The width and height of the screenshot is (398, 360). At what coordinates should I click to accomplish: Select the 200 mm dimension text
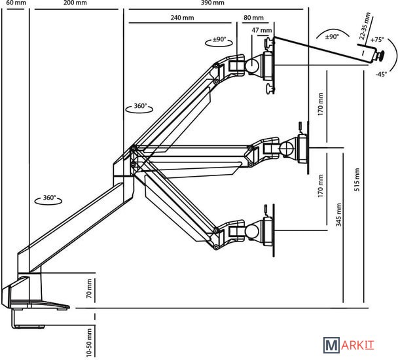pyautogui.click(x=75, y=3)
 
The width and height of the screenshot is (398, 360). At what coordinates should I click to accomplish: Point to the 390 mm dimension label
pyautogui.click(x=210, y=3)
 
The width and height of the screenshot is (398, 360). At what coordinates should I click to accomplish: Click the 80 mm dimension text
pyautogui.click(x=253, y=18)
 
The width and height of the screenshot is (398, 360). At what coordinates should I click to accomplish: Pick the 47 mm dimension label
pyautogui.click(x=261, y=30)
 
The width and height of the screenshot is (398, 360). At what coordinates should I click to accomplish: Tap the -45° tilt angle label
pyautogui.click(x=382, y=74)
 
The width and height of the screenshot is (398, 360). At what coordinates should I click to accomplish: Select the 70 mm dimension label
pyautogui.click(x=90, y=289)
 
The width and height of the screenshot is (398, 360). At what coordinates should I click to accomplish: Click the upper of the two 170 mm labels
pyautogui.click(x=321, y=103)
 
